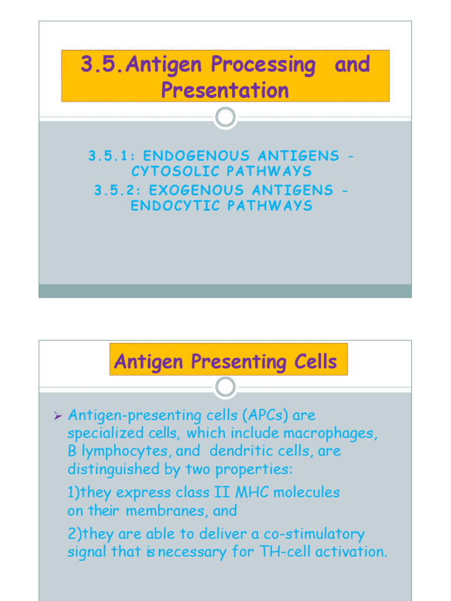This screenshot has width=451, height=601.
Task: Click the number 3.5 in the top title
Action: tap(97, 65)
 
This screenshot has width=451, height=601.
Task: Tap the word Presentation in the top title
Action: tap(225, 90)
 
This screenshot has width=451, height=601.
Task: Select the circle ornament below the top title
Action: tap(225, 117)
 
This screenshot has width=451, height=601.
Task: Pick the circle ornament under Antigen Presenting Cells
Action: tap(225, 387)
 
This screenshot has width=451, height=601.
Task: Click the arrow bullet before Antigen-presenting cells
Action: tap(58, 416)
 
